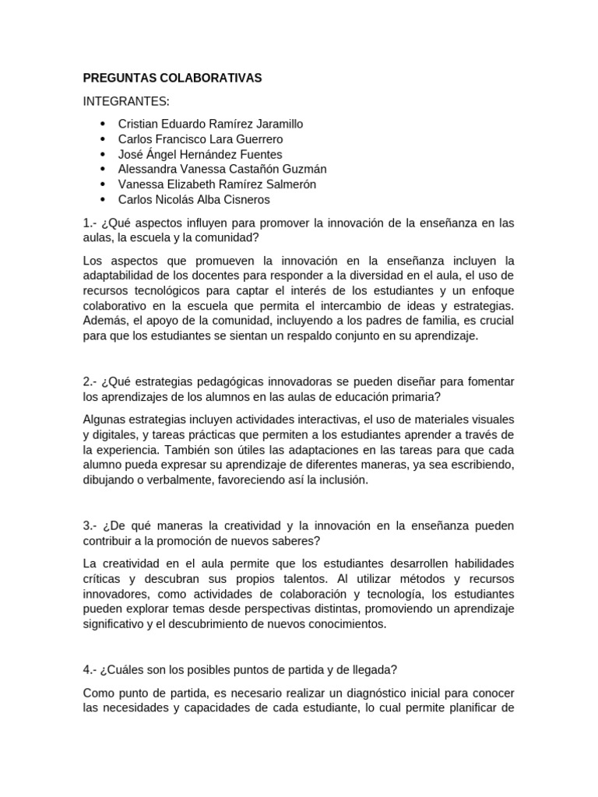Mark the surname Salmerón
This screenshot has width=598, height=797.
click(x=283, y=184)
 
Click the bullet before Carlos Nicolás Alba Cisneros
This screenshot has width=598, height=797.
click(x=103, y=199)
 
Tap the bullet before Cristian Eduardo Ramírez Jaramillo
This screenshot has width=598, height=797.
click(x=103, y=124)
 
